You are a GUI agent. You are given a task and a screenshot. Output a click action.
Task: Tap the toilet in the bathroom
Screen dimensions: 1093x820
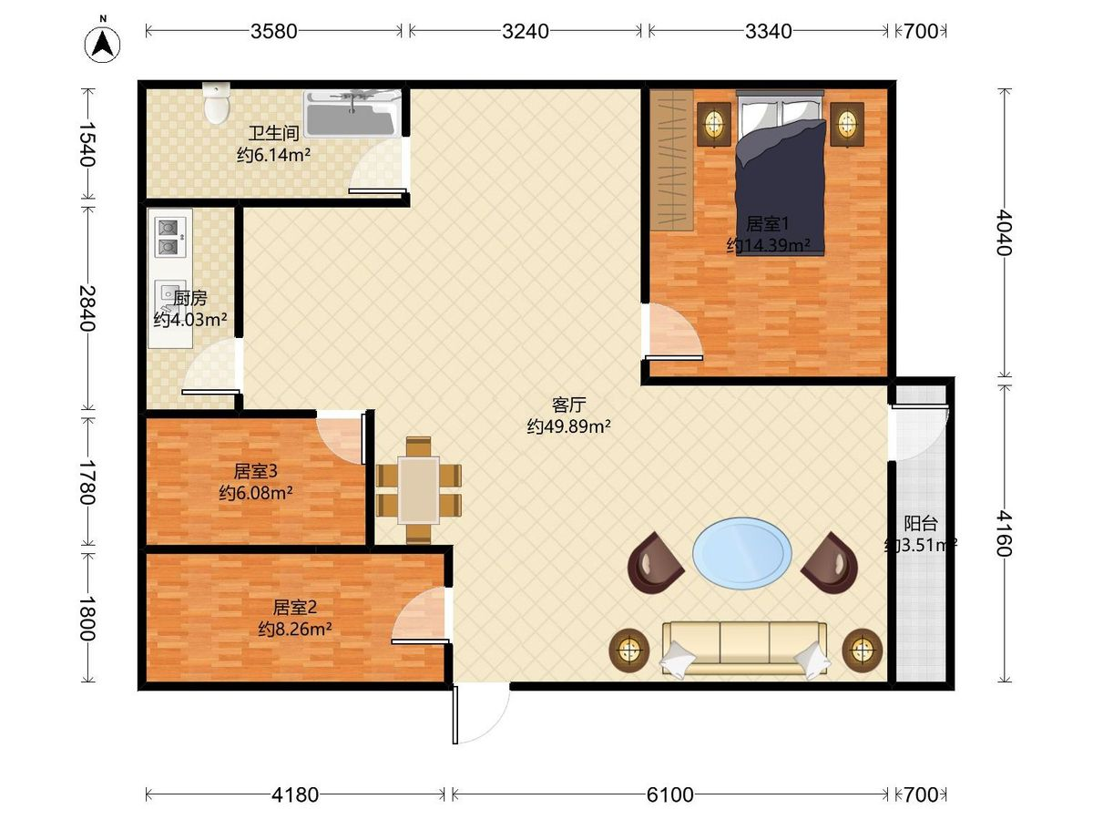pos(217,103)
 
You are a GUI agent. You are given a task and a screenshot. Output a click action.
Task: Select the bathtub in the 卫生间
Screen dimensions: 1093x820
pos(352,114)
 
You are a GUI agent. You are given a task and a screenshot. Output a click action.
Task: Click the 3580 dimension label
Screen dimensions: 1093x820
pos(274,31)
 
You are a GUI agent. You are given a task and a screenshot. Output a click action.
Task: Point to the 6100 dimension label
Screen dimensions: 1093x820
pos(669,795)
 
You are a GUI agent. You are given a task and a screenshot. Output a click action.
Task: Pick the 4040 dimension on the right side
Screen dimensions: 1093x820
pos(1006,232)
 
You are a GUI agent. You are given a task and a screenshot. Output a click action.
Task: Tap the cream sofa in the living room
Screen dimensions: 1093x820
pos(744,648)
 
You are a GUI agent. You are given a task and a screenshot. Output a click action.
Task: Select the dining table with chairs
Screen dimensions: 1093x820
pos(418,490)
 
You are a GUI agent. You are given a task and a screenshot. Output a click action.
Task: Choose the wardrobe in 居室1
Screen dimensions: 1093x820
pos(672,160)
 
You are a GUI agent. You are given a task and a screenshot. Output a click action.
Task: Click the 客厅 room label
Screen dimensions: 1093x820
pos(568,405)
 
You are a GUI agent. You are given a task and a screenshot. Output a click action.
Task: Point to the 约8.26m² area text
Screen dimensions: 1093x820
pos(295,630)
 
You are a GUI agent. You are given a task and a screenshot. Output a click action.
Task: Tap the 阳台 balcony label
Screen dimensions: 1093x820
pos(921,523)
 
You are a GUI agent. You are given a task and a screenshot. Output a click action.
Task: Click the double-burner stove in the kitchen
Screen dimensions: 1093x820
pos(170,237)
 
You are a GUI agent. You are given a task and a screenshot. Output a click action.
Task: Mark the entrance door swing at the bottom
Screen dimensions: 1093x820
pos(482,714)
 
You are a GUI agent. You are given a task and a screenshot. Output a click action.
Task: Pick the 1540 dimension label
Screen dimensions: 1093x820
pos(87,144)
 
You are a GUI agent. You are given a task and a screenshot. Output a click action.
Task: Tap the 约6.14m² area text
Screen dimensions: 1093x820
pos(273,155)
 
